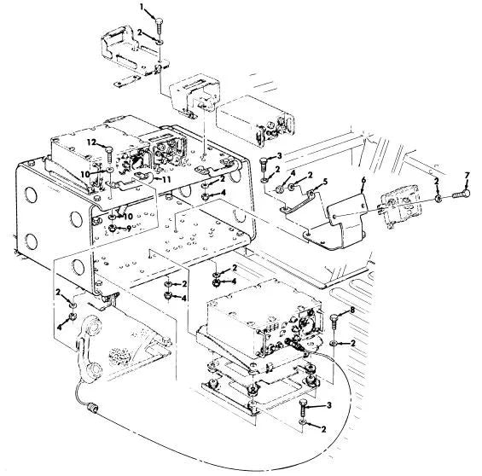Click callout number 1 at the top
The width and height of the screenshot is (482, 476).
click(142, 7)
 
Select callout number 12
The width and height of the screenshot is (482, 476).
click(91, 142)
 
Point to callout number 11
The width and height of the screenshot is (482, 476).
click(166, 179)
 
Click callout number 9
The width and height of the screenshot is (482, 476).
click(129, 229)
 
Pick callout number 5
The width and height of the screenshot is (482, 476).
click(325, 182)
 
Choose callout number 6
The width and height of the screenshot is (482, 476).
click(363, 180)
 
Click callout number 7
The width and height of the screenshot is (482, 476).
click(467, 176)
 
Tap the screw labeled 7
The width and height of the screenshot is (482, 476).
click(462, 194)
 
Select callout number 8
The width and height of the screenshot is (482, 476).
click(352, 310)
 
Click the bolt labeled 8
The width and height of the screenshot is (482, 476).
click(334, 322)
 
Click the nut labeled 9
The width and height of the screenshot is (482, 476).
click(113, 229)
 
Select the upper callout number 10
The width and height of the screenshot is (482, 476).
click(85, 174)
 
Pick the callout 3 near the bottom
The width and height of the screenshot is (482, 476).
click(329, 405)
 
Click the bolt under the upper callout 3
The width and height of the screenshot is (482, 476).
click(264, 165)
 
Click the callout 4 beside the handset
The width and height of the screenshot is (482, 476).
click(60, 328)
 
